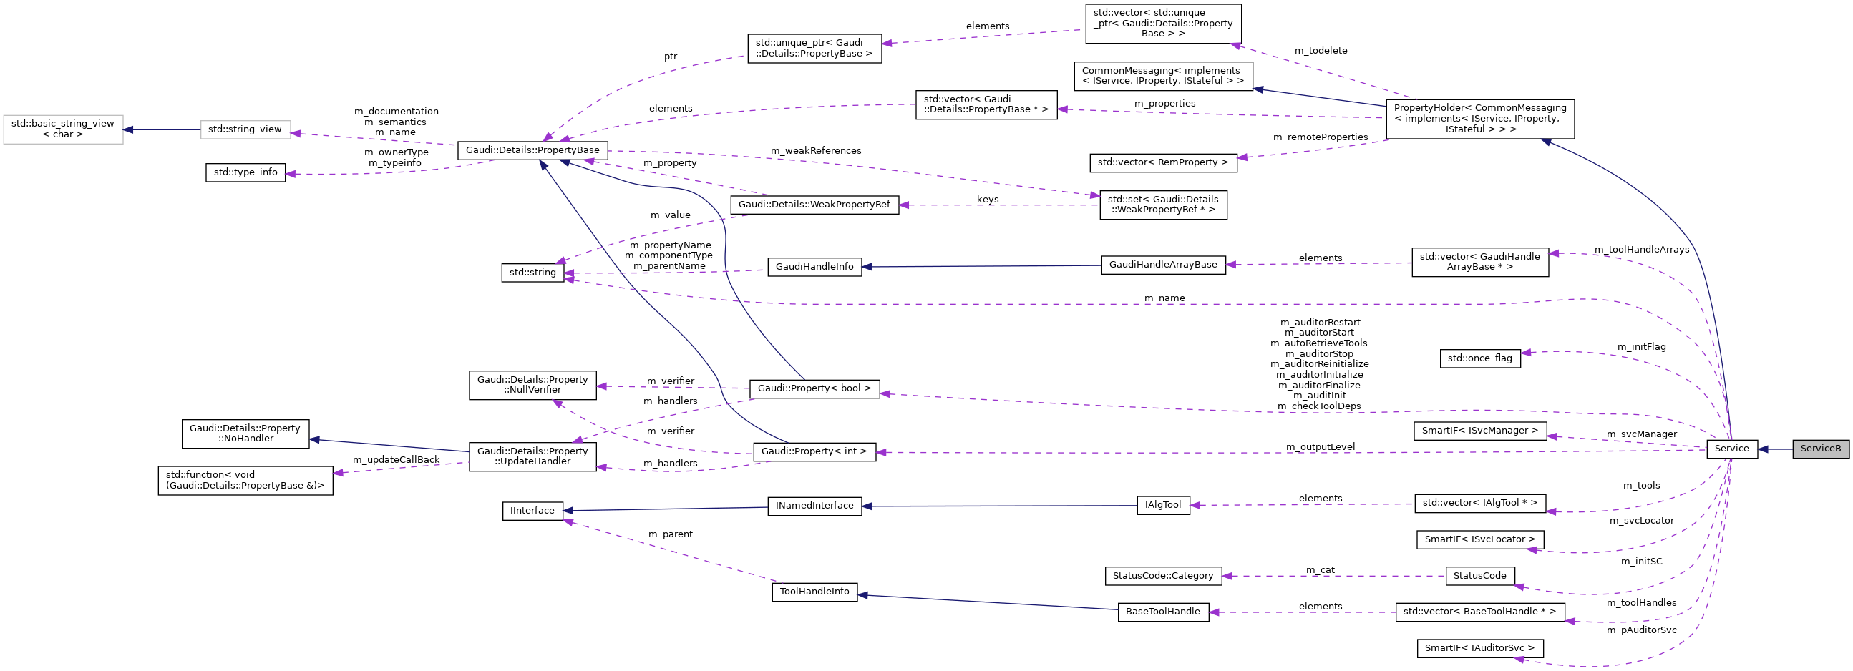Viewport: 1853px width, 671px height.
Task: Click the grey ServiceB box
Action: click(x=1820, y=449)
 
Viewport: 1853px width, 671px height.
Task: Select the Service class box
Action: click(x=1731, y=449)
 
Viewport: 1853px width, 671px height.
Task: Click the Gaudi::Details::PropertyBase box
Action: click(x=533, y=150)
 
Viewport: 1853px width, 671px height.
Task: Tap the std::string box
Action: click(x=532, y=273)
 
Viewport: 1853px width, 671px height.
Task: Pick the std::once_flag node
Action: click(x=1479, y=358)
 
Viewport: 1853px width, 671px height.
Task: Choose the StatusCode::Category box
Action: click(x=1162, y=576)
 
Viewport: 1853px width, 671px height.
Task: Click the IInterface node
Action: click(x=532, y=511)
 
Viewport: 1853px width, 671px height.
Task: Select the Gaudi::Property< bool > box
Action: click(x=814, y=388)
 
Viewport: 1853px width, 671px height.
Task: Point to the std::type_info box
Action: click(x=245, y=172)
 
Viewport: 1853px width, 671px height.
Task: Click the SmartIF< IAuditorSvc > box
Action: click(x=1479, y=648)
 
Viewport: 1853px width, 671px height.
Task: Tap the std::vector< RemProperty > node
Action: click(x=1162, y=162)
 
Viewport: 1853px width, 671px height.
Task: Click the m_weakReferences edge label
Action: click(x=816, y=151)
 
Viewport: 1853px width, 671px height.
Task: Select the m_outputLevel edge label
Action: click(x=1320, y=447)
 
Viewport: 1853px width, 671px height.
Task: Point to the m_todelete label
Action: click(x=1321, y=51)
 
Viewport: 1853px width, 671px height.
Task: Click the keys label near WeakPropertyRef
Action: click(x=987, y=199)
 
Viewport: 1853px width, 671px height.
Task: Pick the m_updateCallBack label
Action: click(x=396, y=459)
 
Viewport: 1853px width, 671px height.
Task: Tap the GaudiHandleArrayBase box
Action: click(x=1162, y=265)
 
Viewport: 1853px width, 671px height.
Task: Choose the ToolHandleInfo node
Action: click(x=814, y=592)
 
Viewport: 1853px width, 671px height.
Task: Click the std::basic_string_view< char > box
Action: click(x=62, y=129)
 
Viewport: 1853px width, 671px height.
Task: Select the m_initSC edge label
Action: click(x=1642, y=562)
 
